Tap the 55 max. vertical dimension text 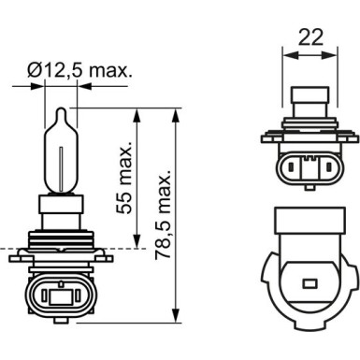click(124, 179)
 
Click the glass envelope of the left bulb click(61, 154)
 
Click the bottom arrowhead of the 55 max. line click(137, 242)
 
